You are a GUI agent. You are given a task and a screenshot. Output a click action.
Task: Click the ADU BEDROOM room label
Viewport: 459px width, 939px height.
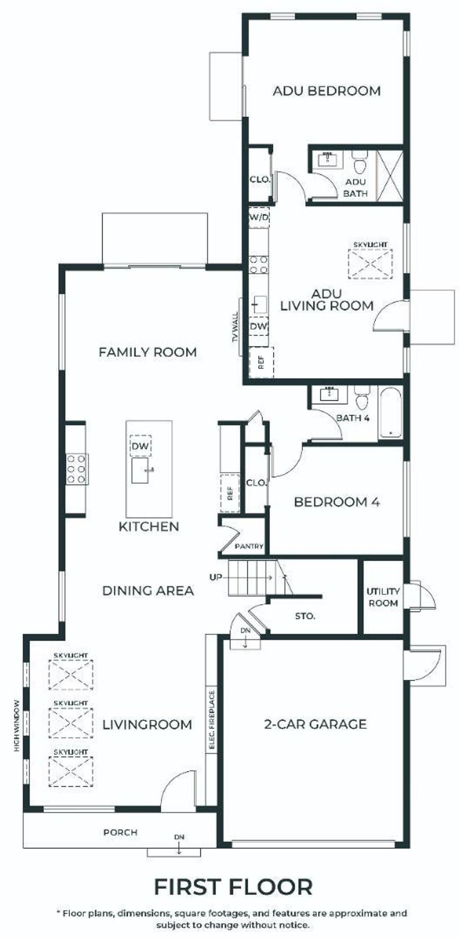[327, 91]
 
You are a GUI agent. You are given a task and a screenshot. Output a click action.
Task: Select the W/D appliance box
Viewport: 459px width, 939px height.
[259, 217]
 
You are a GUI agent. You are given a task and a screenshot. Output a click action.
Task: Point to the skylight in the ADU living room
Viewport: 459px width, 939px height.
[370, 264]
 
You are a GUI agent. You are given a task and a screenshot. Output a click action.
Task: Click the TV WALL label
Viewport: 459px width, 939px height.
[236, 327]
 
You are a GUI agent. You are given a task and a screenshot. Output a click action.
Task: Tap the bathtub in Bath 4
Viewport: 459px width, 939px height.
[391, 413]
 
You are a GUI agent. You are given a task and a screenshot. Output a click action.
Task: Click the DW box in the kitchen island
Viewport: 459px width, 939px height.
[140, 446]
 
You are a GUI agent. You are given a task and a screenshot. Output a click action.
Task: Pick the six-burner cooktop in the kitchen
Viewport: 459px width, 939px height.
[77, 469]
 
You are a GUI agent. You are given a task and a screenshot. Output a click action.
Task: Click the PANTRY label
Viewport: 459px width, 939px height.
[249, 547]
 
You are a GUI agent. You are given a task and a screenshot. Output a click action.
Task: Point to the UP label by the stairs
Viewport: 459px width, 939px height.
[216, 577]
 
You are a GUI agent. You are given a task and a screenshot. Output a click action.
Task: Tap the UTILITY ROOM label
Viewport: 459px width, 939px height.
[383, 597]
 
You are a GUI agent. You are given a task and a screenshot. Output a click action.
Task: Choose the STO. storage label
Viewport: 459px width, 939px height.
[305, 616]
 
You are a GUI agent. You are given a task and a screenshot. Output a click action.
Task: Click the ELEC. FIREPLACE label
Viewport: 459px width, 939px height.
[212, 721]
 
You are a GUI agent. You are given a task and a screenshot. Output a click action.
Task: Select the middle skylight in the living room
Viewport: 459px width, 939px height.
[71, 723]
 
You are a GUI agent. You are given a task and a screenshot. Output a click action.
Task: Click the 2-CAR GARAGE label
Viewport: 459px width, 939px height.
[316, 724]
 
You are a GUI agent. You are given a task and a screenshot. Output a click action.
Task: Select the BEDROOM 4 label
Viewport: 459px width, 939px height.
[337, 502]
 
